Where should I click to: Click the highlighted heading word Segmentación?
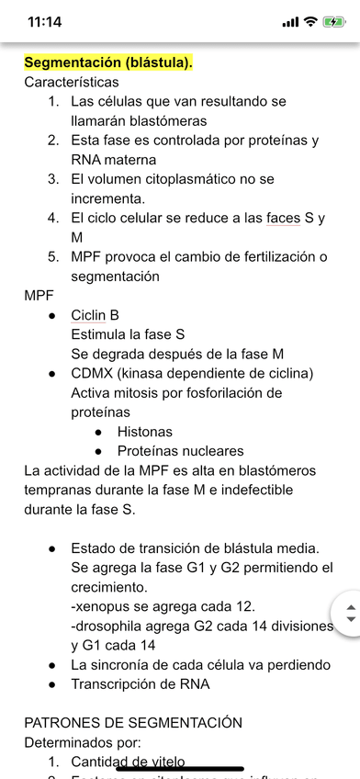[x=70, y=62]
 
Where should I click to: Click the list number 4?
[x=53, y=218]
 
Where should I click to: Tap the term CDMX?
[x=93, y=373]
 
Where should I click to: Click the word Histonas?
[x=144, y=432]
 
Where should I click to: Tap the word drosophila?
[x=113, y=626]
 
